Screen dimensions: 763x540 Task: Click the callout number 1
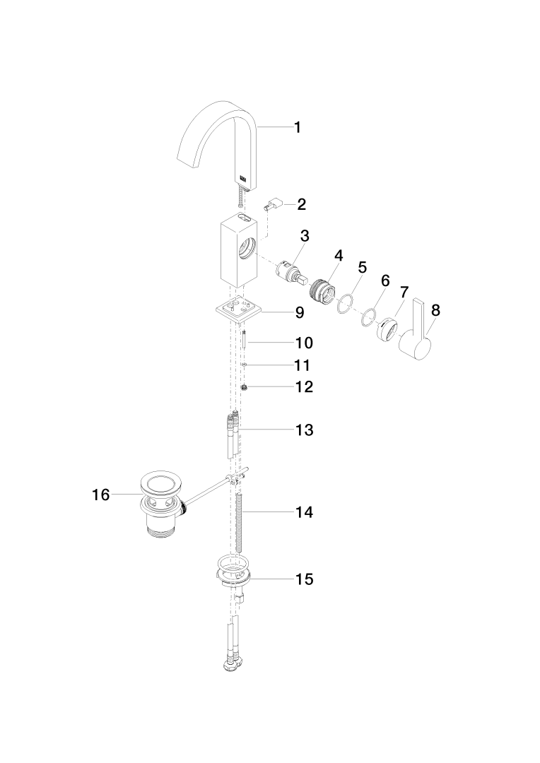coord(298,127)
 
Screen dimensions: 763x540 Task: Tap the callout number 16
coord(101,495)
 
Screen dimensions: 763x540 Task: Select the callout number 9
coord(300,311)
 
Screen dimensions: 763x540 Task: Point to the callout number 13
coord(305,430)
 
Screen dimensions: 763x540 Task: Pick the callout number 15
coord(305,579)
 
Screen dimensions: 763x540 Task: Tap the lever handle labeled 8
coord(417,339)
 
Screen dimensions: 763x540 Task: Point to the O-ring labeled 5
coord(345,304)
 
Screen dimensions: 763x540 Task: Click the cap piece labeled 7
coord(388,329)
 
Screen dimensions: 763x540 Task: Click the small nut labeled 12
coord(245,387)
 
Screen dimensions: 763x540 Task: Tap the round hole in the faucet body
coord(248,248)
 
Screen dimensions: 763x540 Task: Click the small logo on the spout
coord(244,178)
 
